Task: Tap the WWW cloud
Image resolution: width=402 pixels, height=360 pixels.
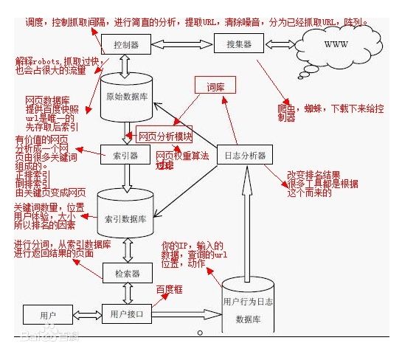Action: pos(336,46)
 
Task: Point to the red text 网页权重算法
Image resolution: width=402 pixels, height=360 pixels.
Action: pos(182,156)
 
